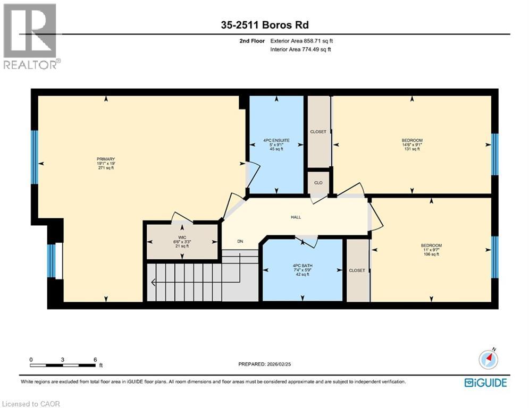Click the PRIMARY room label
point(105,163)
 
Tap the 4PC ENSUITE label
point(276,144)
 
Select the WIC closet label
point(181,242)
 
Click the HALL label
point(296,217)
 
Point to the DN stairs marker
point(240,242)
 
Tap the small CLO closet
point(318,182)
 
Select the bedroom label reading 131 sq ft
point(412,144)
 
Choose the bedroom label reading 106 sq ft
point(431,250)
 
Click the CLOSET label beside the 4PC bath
point(357,270)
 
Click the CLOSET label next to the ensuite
point(318,132)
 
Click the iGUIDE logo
point(485,382)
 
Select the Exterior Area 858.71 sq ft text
point(301,41)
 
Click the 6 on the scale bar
point(95,359)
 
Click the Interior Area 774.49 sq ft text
point(301,49)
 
